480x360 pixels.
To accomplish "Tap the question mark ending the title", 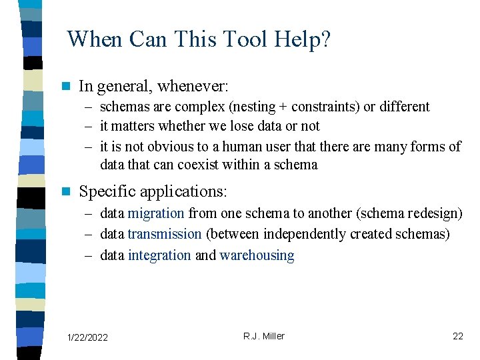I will pos(325,39).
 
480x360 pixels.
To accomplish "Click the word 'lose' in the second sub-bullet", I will pos(243,126).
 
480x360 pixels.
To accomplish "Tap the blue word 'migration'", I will pos(155,213).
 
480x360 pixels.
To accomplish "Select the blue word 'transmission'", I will pos(164,234).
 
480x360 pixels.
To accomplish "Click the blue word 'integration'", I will pos(159,255).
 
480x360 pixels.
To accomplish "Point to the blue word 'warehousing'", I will pos(257,255).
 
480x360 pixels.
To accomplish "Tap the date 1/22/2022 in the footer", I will pos(88,338).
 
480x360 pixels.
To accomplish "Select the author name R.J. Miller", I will pos(263,336).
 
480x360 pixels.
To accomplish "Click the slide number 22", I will pos(457,336).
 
